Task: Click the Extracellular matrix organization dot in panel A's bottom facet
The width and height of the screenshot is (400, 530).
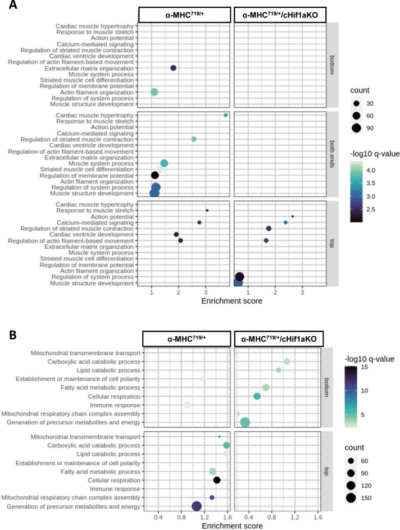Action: coord(173,68)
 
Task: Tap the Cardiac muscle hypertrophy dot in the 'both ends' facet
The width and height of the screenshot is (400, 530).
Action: coord(226,115)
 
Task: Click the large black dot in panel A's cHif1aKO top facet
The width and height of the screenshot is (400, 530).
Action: coord(239,276)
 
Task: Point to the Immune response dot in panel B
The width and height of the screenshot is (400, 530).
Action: coord(188,405)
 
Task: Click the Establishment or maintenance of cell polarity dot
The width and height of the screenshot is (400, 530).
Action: coord(203,379)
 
